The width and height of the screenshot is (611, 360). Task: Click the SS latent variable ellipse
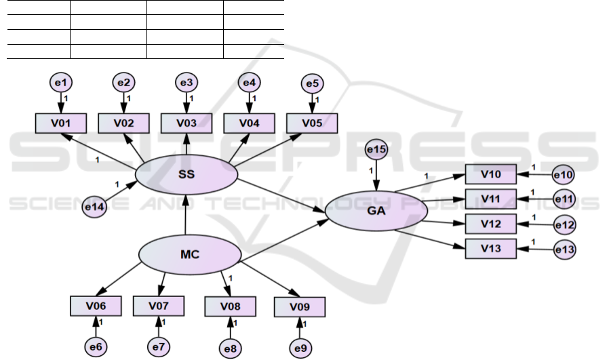[x=186, y=174]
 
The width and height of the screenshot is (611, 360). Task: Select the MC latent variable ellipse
[x=190, y=255]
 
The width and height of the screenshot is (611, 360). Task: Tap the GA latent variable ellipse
[x=376, y=212]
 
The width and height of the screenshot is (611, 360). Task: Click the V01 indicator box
[x=61, y=123]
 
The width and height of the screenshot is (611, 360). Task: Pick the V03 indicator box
[x=186, y=123]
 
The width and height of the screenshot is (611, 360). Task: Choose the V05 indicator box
[x=312, y=123]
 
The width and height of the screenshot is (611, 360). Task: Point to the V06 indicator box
[x=96, y=306]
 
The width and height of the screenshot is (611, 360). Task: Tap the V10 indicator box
[x=490, y=174]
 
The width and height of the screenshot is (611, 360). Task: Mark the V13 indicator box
[x=490, y=249]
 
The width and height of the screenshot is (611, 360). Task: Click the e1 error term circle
[x=60, y=83]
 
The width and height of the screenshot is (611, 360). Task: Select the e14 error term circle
[x=94, y=206]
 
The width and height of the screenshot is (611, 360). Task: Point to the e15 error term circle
[x=376, y=149]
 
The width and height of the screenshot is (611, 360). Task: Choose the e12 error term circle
[x=564, y=224]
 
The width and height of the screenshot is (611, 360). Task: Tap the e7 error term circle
[x=159, y=347]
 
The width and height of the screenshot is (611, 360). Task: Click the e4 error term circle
[x=250, y=83]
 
